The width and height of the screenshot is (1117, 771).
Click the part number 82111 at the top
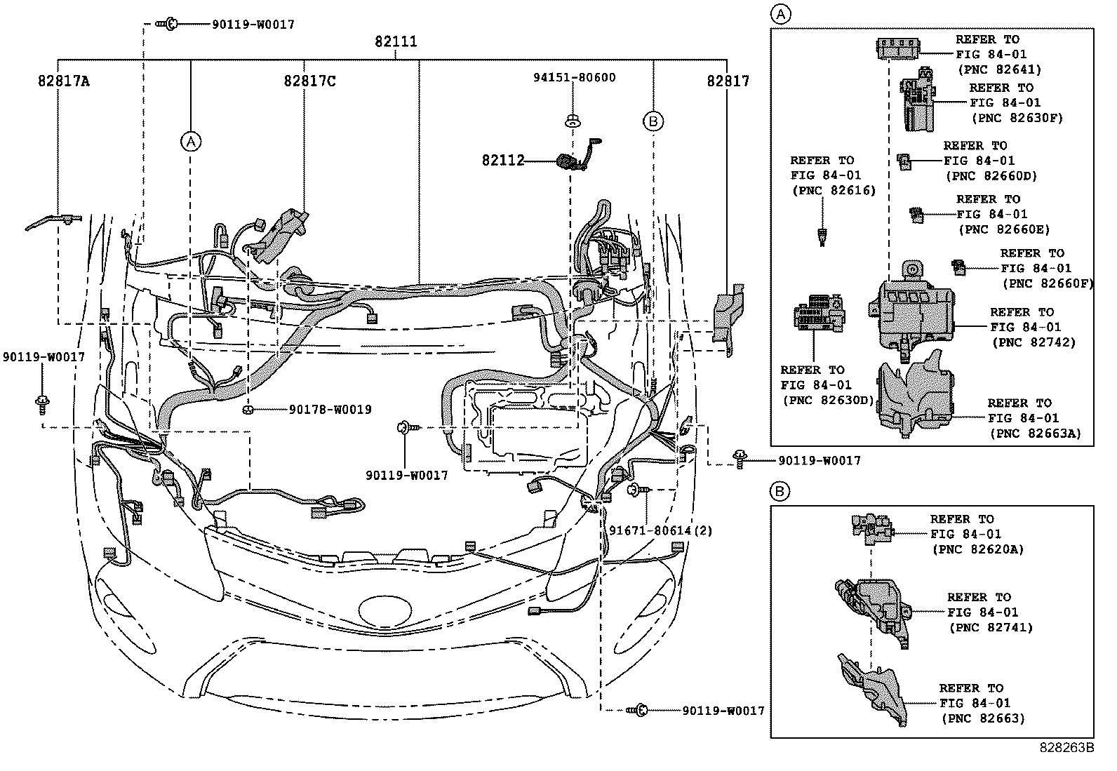396,41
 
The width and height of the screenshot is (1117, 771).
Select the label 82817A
64,81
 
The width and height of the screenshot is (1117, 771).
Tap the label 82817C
309,81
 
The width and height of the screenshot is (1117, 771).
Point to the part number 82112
503,161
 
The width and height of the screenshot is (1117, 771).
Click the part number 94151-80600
573,77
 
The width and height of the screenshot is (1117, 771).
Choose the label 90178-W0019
330,409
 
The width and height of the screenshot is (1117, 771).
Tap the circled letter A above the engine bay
190,141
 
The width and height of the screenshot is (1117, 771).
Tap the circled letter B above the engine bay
653,122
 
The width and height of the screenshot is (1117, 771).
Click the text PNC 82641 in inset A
999,69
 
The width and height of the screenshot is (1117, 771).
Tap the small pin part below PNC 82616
821,236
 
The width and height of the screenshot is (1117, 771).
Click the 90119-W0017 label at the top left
253,25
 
